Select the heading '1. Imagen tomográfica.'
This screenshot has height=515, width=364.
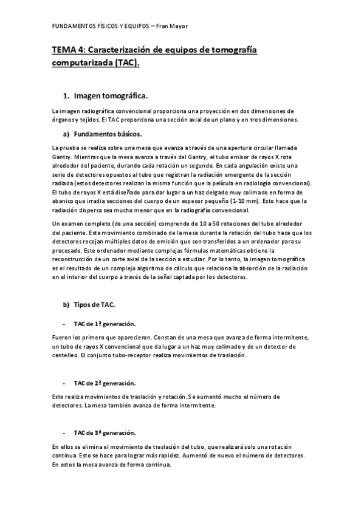105,96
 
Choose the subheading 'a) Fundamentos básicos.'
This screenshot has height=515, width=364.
103,134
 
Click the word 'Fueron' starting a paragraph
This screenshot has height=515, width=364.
62,337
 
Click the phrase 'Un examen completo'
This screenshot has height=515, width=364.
81,223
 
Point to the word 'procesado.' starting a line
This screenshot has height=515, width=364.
66,250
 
